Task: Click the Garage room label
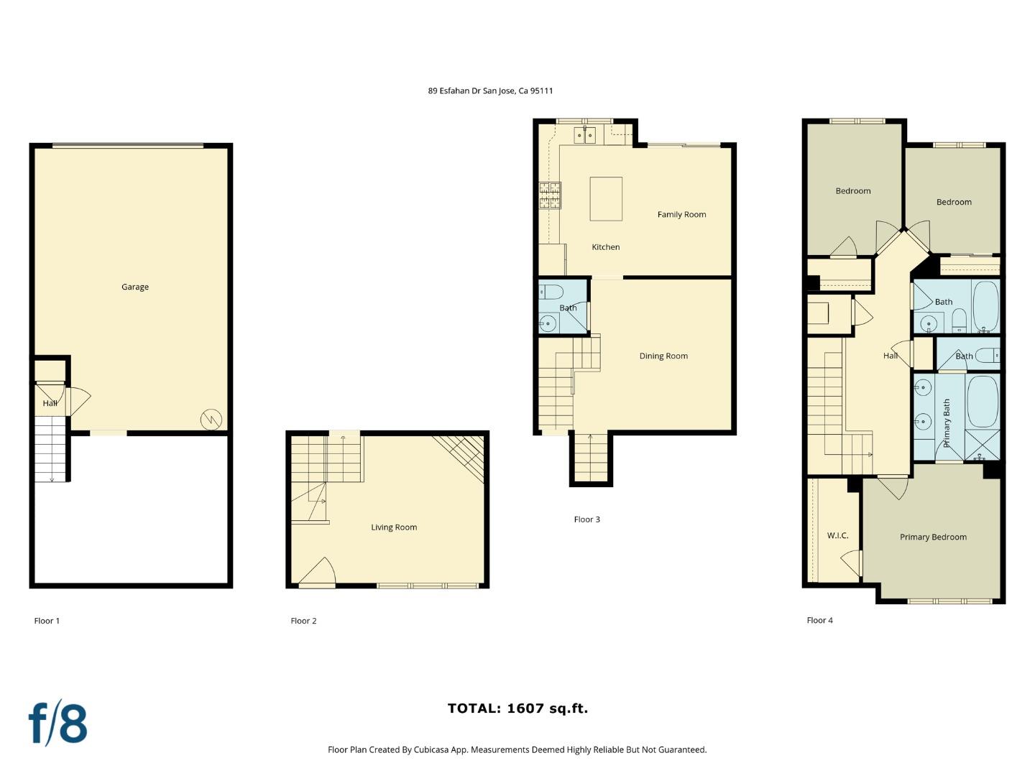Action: [x=135, y=287]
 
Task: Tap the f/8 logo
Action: [x=57, y=723]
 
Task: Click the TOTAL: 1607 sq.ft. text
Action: [x=517, y=708]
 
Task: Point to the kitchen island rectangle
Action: [x=606, y=198]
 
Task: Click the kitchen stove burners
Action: [x=550, y=196]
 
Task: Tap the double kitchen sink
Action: [x=584, y=134]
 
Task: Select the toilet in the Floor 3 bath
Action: [x=552, y=291]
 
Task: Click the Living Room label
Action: [x=394, y=527]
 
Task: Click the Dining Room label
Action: [x=663, y=356]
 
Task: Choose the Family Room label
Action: [x=681, y=214]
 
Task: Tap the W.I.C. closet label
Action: [x=837, y=535]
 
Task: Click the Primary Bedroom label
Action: [x=933, y=537]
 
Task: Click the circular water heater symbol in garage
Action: [x=211, y=419]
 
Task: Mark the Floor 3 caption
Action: [x=586, y=519]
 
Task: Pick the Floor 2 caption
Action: [x=303, y=621]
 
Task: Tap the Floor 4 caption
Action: [x=819, y=620]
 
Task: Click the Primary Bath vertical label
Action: [x=947, y=423]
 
